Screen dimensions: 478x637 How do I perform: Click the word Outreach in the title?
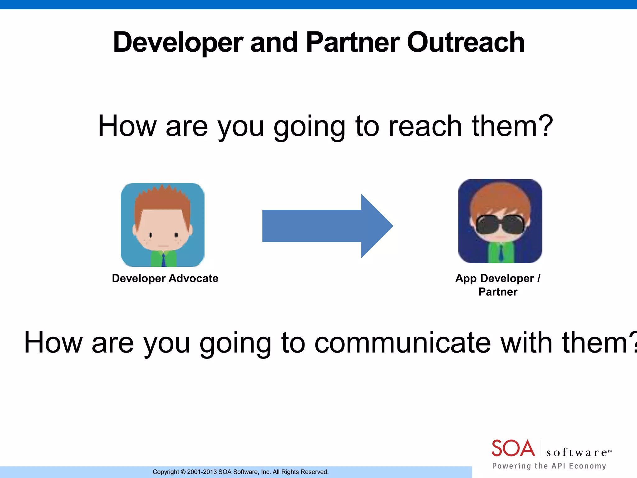coord(466,43)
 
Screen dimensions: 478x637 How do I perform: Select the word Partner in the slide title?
coord(353,43)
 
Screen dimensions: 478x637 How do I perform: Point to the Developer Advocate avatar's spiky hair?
coord(162,196)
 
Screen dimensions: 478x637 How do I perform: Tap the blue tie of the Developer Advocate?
coord(164,260)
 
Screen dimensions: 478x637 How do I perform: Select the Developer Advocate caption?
coord(165,278)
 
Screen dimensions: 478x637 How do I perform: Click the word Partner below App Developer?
coord(498,292)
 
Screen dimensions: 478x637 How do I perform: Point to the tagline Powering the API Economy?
coord(549,466)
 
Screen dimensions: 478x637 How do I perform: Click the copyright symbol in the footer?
coord(183,472)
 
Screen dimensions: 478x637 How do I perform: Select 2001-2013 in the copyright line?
coord(202,472)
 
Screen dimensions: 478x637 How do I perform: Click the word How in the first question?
coord(127,126)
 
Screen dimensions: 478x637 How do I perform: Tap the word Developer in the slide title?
coord(178,43)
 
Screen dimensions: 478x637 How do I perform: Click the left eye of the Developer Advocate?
coord(150,235)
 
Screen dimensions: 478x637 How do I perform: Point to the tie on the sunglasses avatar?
coord(500,253)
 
